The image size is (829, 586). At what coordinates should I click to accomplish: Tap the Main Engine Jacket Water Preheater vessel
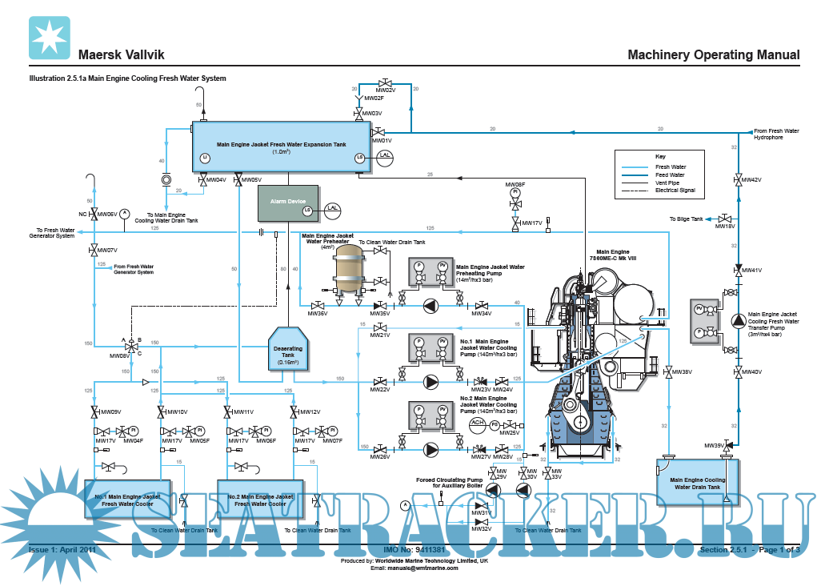348,270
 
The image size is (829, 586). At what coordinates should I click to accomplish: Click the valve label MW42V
751,180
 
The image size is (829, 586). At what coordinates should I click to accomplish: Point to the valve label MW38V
682,372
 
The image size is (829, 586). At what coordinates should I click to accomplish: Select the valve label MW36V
318,314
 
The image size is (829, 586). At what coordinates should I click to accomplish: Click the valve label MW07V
108,251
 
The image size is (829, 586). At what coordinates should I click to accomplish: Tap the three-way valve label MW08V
120,355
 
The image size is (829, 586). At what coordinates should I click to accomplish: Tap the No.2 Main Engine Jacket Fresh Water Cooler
257,500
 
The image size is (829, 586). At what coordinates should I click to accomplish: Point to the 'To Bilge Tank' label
686,219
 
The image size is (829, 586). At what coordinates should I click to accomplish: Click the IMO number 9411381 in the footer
414,551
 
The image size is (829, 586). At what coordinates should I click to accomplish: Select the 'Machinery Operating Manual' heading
713,55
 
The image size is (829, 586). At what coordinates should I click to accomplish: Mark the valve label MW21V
380,335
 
